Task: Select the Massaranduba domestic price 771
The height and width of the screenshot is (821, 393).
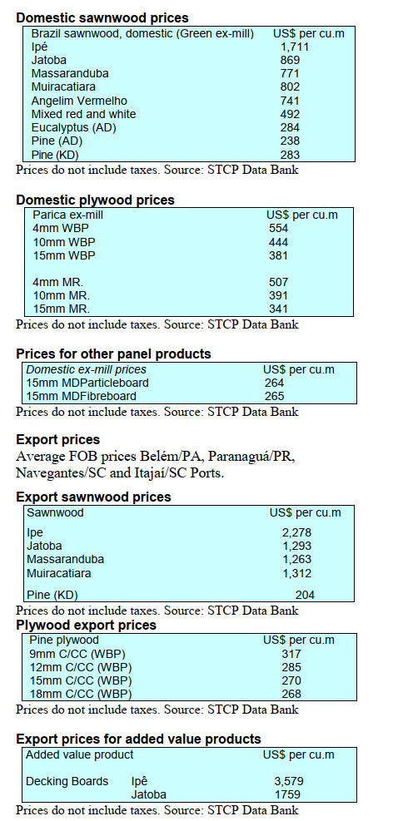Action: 291,74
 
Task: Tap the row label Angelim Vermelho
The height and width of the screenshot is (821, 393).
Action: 79,101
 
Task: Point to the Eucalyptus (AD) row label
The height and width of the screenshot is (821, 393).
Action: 73,128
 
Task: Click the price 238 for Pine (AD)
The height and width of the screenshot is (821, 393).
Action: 291,141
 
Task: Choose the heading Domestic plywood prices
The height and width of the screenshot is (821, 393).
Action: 96,200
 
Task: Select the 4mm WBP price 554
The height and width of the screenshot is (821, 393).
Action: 278,229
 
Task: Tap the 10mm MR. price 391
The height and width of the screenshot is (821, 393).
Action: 278,295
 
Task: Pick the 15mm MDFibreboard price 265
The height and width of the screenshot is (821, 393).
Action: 274,396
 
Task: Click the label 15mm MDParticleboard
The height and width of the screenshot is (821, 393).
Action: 87,383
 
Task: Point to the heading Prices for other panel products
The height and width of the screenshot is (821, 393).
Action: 114,354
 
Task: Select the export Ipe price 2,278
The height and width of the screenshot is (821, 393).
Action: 297,533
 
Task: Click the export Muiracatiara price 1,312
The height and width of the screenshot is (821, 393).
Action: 297,573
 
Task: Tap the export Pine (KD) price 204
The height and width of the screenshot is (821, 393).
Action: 305,595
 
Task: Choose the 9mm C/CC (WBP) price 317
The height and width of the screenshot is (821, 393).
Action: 291,654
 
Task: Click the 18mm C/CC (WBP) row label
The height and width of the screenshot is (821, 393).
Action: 81,695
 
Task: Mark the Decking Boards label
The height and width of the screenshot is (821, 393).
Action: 67,782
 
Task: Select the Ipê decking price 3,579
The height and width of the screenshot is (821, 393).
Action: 289,782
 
